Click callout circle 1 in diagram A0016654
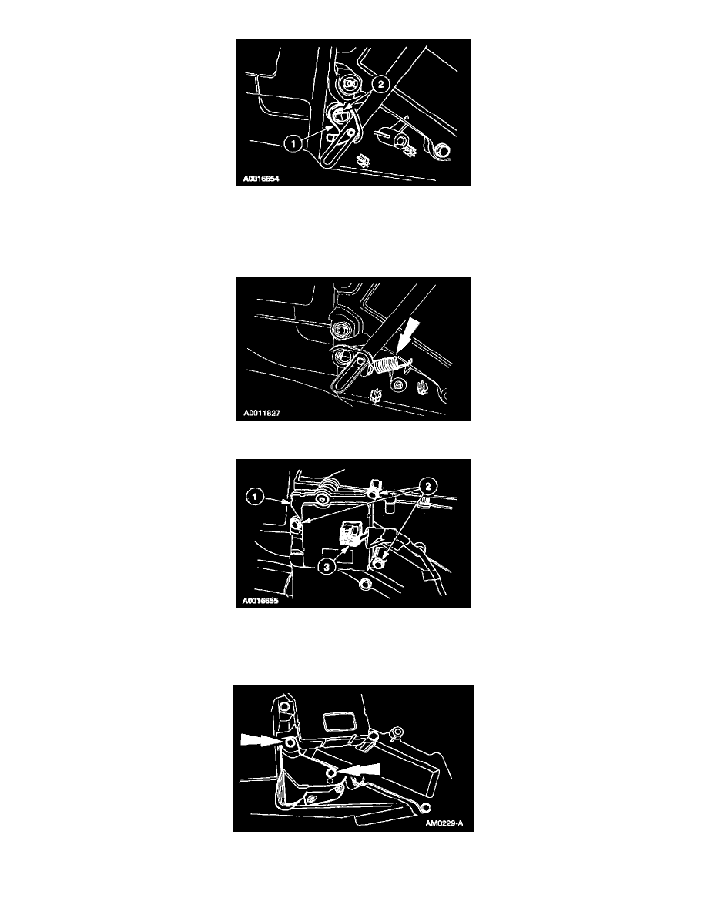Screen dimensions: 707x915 294,142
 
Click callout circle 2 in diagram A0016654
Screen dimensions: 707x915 380,84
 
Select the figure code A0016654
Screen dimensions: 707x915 261,179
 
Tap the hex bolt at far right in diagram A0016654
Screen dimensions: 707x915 443,151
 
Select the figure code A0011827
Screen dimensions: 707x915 262,413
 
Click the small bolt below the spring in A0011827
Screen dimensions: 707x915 397,384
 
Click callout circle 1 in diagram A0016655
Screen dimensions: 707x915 254,498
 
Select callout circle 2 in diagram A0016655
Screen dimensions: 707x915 428,486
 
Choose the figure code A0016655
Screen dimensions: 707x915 260,601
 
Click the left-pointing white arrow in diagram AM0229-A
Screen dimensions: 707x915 360,771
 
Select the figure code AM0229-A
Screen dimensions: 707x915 444,823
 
